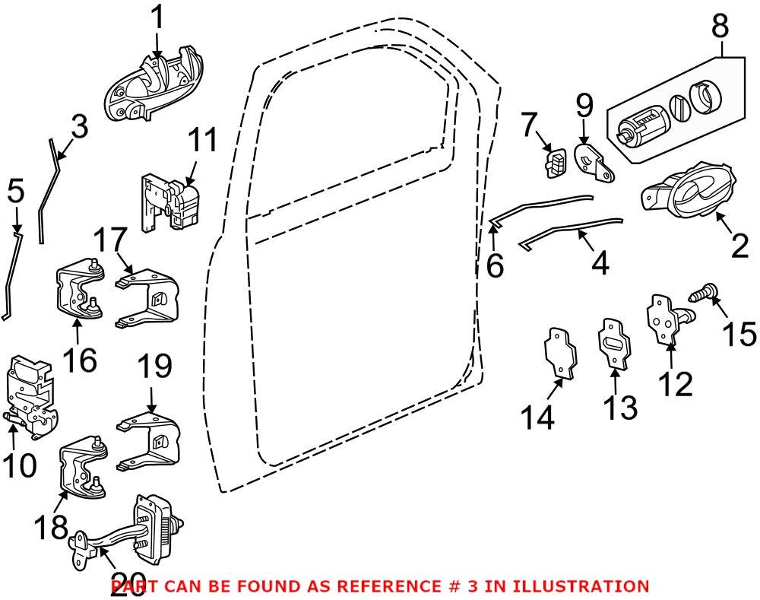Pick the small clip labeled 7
(x=557, y=163)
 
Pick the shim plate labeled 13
(x=614, y=344)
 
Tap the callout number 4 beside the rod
(x=599, y=263)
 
